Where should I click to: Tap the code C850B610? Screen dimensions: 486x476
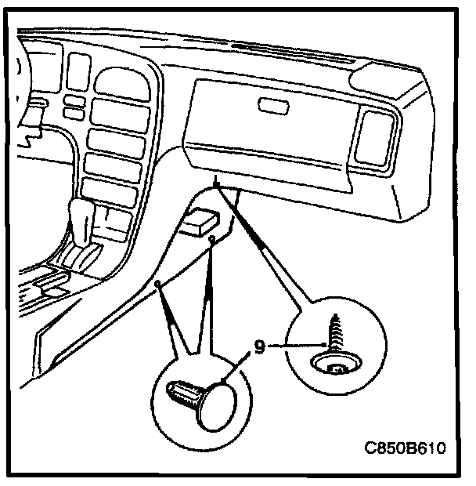pos(405,449)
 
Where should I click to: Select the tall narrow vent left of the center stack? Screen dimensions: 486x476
pos(77,71)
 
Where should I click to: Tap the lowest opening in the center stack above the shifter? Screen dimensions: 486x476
pos(113,191)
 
